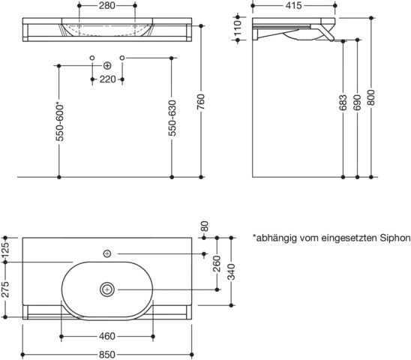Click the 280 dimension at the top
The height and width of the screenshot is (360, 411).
(107, 5)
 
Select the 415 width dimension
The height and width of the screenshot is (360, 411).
(293, 5)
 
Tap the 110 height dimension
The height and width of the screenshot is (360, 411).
(238, 28)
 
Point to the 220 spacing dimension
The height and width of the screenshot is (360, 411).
(107, 79)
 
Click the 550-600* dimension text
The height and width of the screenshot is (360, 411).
(60, 122)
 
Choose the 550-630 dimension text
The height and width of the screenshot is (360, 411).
(172, 118)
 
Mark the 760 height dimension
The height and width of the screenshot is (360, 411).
(200, 102)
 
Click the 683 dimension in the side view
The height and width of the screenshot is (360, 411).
(343, 103)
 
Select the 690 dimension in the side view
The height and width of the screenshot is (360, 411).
(357, 103)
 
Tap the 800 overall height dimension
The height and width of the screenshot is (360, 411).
(371, 97)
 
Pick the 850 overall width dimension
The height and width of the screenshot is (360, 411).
(107, 355)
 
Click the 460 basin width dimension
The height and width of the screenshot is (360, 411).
(107, 336)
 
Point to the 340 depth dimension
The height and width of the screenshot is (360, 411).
(231, 272)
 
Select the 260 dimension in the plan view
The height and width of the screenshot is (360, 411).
(217, 264)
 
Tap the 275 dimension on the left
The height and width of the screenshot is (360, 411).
(5, 289)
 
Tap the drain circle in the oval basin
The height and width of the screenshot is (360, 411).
(107, 289)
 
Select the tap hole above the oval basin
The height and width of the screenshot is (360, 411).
(107, 253)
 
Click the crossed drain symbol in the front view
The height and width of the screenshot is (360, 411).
(107, 65)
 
